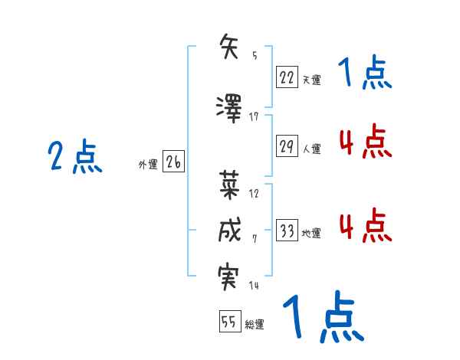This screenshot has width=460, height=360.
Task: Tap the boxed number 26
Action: point(173,162)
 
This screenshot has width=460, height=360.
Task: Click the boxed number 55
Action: point(228,322)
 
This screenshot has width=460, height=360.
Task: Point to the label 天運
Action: point(310,79)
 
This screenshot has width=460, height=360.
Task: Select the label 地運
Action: point(311,234)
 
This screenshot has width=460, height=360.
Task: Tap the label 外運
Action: point(147,163)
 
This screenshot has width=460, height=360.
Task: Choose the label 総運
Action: point(255,324)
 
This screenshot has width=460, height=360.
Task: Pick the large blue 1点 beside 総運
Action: point(322,317)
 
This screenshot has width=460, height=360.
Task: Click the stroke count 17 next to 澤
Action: point(254,116)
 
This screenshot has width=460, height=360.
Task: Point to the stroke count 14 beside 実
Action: point(254,286)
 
